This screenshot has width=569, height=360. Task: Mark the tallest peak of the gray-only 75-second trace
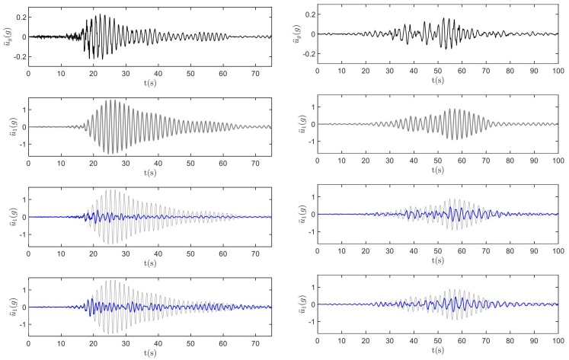(x=114, y=100)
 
